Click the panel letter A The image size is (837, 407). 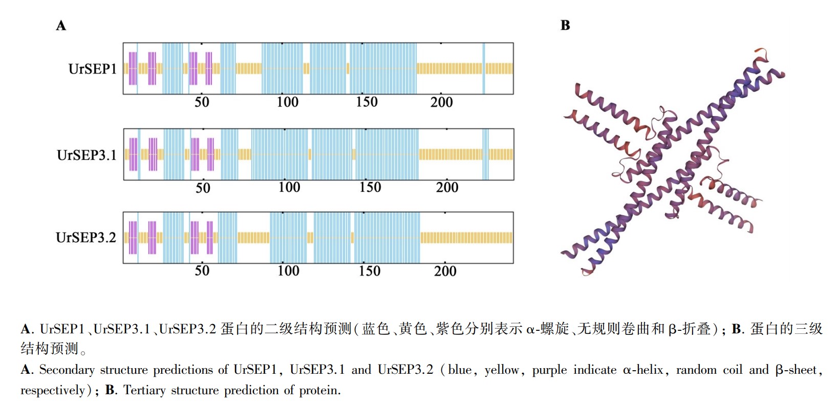(x=61, y=26)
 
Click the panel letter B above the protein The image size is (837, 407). (x=565, y=26)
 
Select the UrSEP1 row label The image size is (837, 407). (x=93, y=69)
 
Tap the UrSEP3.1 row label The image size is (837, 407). (x=87, y=155)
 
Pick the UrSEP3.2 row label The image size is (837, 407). (x=86, y=238)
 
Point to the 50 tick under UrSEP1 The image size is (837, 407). (x=202, y=102)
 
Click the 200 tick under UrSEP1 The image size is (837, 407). (x=441, y=102)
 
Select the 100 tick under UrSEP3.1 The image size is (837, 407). (x=289, y=187)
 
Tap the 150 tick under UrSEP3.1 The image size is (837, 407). (x=370, y=187)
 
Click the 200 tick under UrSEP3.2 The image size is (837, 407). (x=445, y=271)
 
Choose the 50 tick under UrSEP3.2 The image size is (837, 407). (x=202, y=271)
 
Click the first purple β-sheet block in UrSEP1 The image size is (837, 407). (x=133, y=69)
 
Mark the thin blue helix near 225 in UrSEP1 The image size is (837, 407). (x=484, y=69)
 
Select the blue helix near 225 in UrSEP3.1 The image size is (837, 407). (x=485, y=154)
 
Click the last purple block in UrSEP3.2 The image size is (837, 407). (x=209, y=238)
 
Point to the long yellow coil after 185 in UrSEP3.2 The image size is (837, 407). (x=466, y=238)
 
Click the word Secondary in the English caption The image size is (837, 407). (x=67, y=370)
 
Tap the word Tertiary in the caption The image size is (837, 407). (x=144, y=390)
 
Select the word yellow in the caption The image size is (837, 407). (x=502, y=370)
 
